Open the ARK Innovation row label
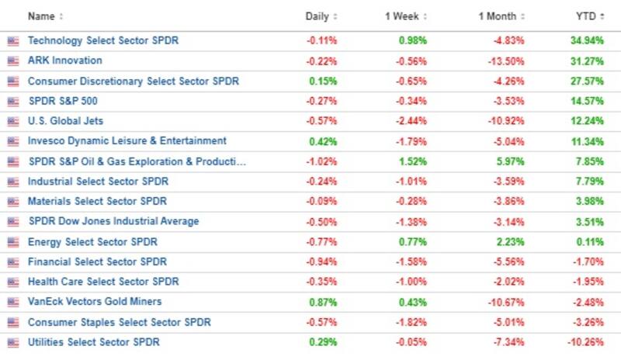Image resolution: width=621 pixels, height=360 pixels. [x=64, y=61]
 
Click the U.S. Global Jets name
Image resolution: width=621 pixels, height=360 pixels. [x=65, y=121]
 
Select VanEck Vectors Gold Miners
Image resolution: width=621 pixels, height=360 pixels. [x=95, y=302]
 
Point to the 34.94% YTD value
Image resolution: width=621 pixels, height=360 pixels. [x=587, y=40]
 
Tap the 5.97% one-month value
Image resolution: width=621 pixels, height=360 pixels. [x=510, y=161]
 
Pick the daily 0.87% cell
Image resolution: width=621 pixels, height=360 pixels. [x=324, y=302]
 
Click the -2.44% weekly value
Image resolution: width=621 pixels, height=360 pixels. [x=411, y=121]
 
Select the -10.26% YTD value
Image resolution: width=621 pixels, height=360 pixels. [x=586, y=342]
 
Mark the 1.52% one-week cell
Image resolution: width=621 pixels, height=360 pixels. [x=413, y=161]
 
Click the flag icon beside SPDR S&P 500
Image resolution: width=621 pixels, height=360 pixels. [x=12, y=102]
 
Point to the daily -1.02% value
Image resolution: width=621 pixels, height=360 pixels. [x=322, y=161]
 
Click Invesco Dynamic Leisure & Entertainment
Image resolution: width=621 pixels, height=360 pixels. [x=127, y=141]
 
